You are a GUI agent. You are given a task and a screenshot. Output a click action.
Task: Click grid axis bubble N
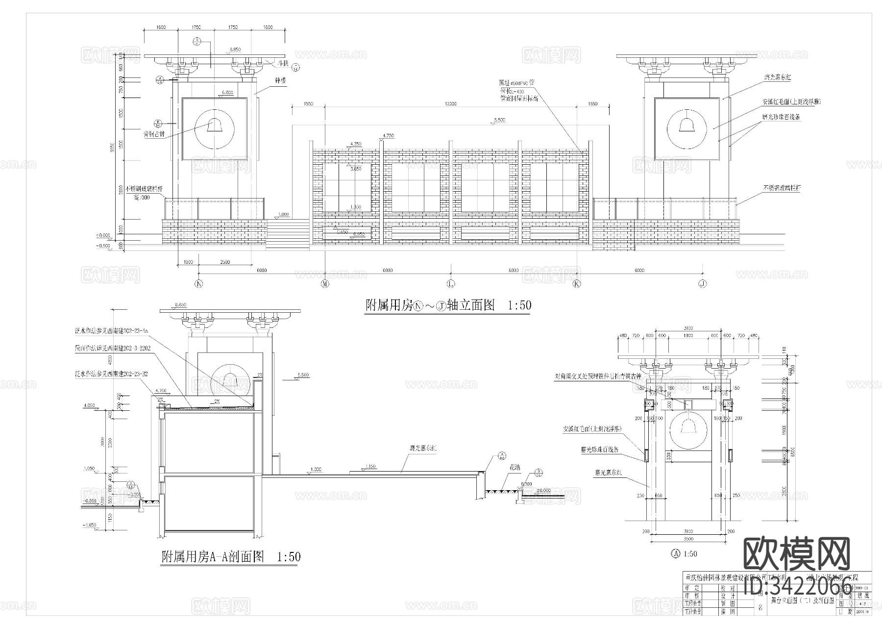199,284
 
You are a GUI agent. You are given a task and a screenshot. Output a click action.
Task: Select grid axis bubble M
325,284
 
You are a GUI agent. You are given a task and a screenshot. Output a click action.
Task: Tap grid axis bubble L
451,284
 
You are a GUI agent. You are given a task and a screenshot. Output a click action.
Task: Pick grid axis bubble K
577,284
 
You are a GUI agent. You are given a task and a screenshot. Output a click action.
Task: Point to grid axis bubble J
703,284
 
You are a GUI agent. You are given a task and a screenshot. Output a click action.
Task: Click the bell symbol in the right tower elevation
687,126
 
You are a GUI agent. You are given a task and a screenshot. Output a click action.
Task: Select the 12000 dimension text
450,104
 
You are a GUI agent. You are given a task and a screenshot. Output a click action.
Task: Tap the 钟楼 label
280,81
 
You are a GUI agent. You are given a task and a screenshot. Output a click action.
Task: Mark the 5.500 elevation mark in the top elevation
500,120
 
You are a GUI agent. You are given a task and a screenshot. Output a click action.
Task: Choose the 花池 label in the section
516,467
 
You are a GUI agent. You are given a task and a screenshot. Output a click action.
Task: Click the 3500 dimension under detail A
688,539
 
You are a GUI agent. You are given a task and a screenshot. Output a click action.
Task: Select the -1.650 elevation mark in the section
90,525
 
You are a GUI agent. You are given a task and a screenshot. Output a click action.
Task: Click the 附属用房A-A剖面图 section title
213,557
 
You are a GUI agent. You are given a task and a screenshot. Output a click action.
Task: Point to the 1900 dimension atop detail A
688,336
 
